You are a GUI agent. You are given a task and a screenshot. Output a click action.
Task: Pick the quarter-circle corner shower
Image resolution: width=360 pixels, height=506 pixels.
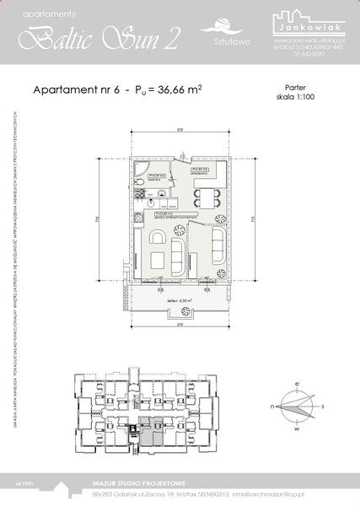click(x=138, y=174)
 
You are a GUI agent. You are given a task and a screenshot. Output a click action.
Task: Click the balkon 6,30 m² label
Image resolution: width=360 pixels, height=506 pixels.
click(x=180, y=298)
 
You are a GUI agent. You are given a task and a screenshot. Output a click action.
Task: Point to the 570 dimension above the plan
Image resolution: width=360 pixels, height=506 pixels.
click(x=180, y=129)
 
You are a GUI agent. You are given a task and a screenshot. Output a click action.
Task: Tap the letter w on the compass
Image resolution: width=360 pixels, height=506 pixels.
click(x=295, y=428)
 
